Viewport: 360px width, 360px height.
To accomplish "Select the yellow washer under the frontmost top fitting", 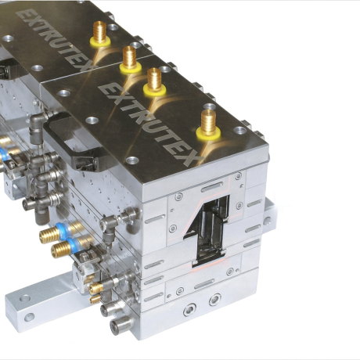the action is click(x=208, y=133).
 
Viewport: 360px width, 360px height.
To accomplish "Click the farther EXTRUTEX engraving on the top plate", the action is click(x=53, y=39).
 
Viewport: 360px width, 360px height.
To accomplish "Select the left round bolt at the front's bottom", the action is click(x=189, y=310).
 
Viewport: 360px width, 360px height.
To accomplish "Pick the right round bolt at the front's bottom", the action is click(x=215, y=300).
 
